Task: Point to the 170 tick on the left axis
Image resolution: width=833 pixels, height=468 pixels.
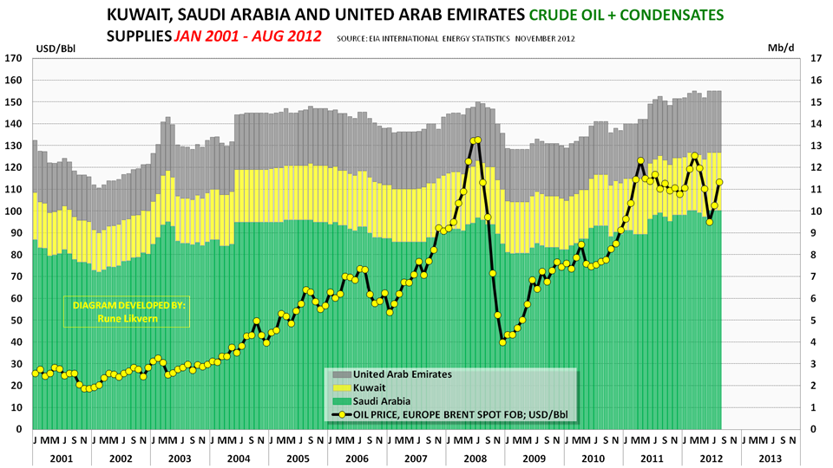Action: (x=13, y=59)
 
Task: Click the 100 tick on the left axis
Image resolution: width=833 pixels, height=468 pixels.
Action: (x=13, y=211)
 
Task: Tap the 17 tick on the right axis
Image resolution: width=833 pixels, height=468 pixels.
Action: (x=815, y=59)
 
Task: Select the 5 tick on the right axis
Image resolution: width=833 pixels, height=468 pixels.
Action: (x=815, y=321)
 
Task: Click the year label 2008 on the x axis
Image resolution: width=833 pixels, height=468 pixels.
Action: (x=475, y=457)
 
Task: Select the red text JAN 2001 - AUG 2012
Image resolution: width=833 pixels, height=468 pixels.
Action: (x=247, y=36)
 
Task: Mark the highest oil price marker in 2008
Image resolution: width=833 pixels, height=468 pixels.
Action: (x=476, y=140)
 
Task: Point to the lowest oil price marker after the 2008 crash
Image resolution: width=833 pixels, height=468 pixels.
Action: (x=502, y=342)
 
